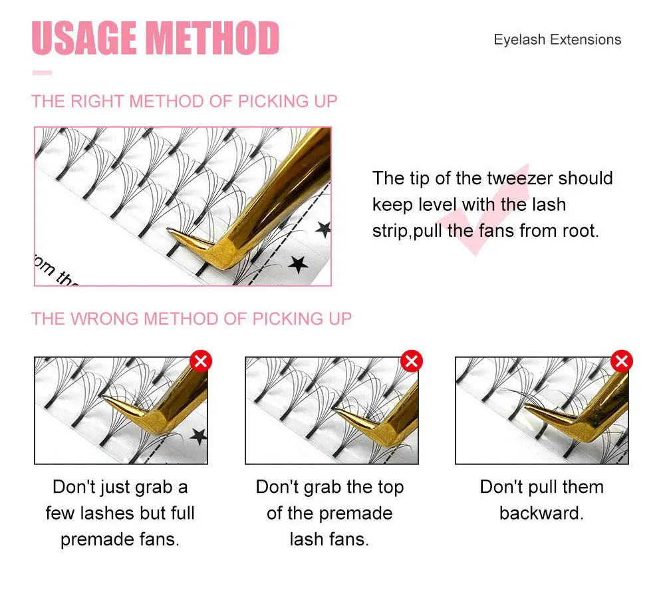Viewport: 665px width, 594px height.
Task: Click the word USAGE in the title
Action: [x=84, y=38]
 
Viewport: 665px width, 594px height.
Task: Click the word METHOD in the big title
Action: [x=212, y=38]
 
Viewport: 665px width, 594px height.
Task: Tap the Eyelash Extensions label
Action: [x=557, y=39]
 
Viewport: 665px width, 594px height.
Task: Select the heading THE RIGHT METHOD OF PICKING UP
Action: [x=184, y=101]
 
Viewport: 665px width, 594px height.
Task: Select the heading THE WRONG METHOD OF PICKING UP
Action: [x=192, y=319]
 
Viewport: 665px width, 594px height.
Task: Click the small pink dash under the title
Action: [x=42, y=73]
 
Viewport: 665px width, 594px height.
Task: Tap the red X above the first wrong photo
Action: [x=201, y=361]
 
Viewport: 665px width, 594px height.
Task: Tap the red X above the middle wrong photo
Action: [x=412, y=361]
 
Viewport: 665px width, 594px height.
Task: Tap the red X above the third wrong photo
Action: [x=622, y=361]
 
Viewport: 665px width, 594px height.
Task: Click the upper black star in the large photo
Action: [x=323, y=229]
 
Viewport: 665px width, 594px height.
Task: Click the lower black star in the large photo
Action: [x=298, y=264]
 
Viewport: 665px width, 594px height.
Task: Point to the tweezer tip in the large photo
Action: [x=169, y=230]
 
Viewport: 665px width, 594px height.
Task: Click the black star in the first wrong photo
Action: [x=198, y=436]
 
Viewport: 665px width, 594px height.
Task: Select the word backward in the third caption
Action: [x=541, y=513]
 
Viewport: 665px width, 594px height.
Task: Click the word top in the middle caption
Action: [x=390, y=488]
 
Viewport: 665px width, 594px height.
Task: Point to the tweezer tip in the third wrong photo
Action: [x=527, y=407]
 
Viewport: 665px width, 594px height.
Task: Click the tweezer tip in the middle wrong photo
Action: [x=336, y=410]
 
